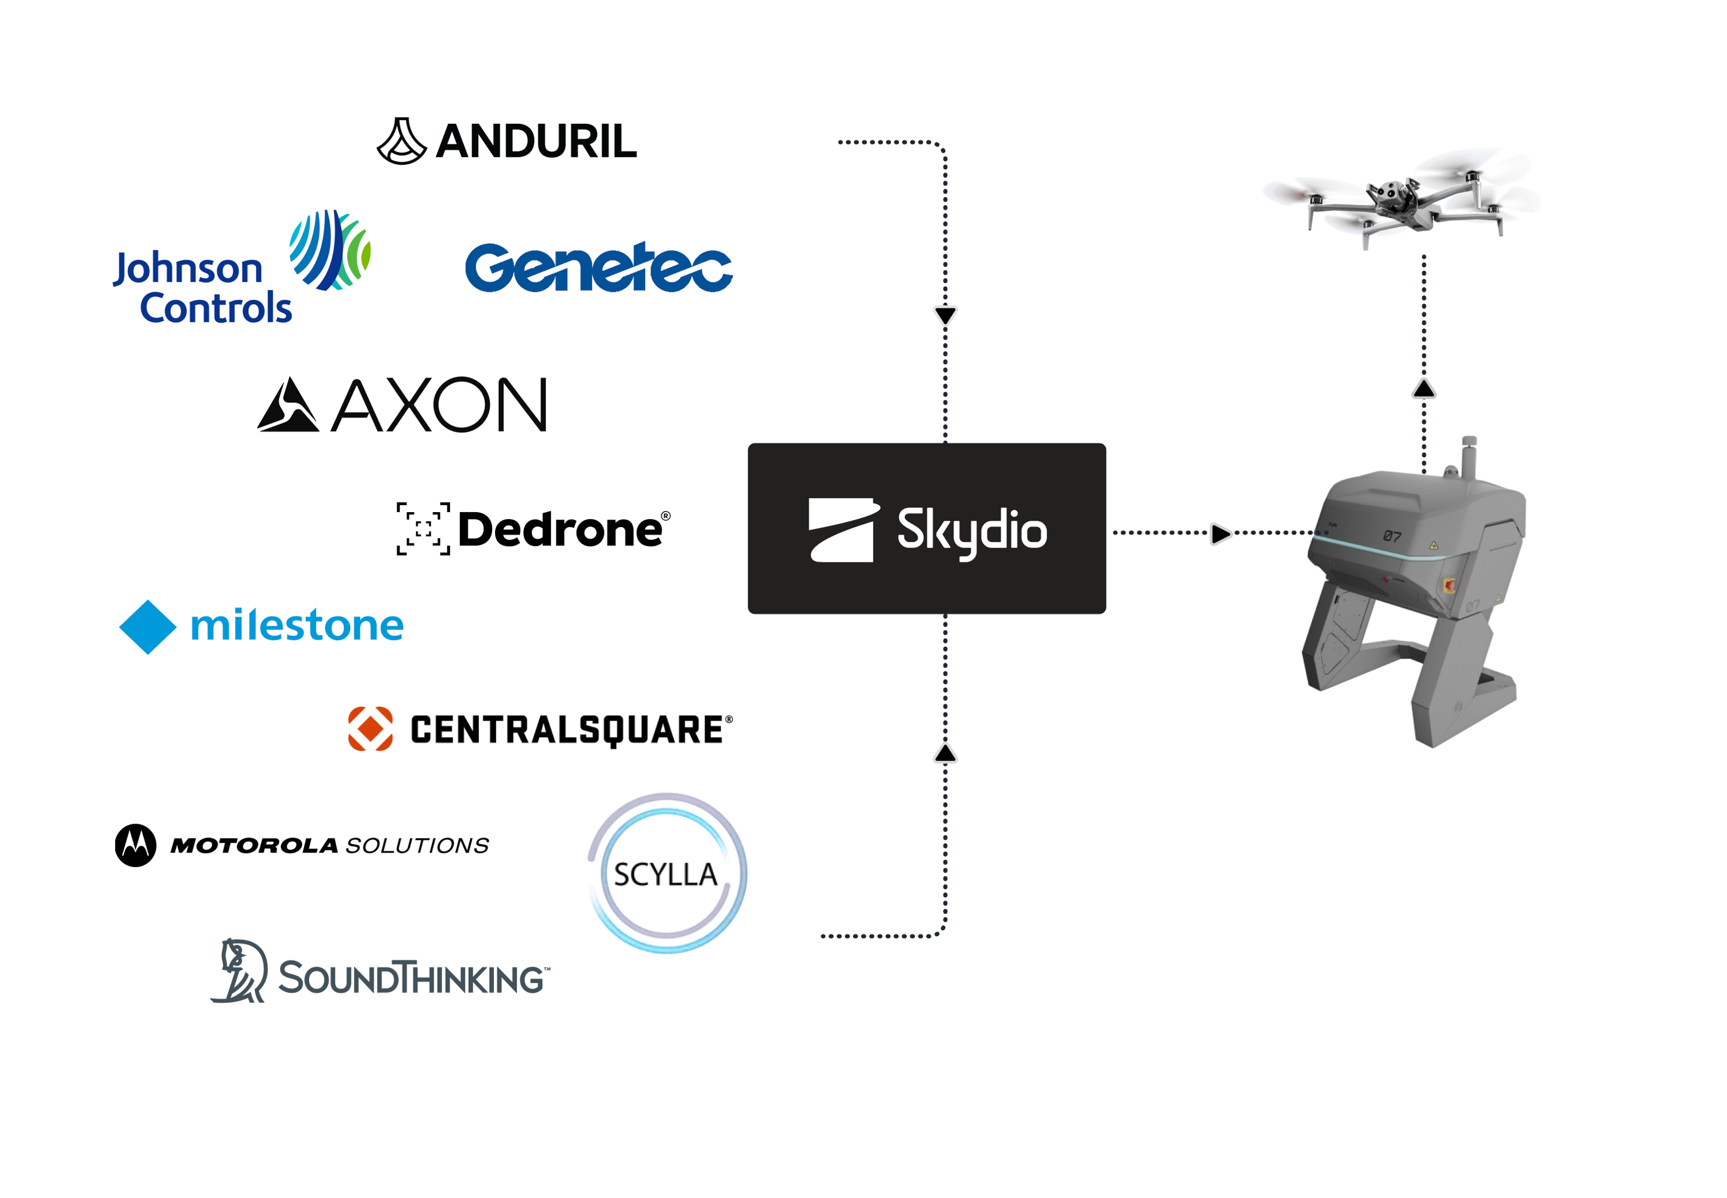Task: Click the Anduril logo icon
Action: point(402,141)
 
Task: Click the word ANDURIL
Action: point(536,141)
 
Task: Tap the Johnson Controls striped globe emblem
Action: point(330,250)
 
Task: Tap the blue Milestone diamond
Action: point(148,627)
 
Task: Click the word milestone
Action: point(298,626)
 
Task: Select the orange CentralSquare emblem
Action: point(370,728)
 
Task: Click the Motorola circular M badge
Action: point(136,845)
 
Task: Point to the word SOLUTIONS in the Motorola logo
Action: point(417,846)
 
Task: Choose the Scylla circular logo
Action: point(667,873)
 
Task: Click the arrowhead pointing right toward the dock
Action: point(1221,534)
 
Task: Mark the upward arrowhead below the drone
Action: point(1424,389)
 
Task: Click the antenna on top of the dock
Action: point(1469,456)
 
